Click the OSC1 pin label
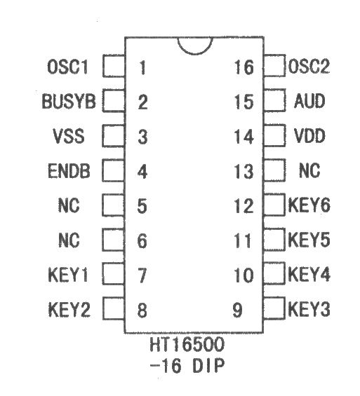pos(68,67)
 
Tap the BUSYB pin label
pos(69,101)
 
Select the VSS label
pos(69,136)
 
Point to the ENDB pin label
pos(69,171)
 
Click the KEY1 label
pos(68,275)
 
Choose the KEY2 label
pos(69,309)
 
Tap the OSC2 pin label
pos(309,66)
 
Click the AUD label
pos(309,101)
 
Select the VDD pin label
pos(309,135)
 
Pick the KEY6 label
pos(309,205)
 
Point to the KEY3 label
pos(309,308)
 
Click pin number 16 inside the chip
pos(244,67)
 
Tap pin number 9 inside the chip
pos(237,310)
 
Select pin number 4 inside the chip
pos(142,172)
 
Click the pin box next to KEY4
pos(274,273)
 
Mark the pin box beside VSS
pos(113,135)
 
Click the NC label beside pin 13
pos(309,170)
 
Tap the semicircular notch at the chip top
pos(194,54)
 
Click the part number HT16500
pos(187,344)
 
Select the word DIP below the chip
pos(208,365)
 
